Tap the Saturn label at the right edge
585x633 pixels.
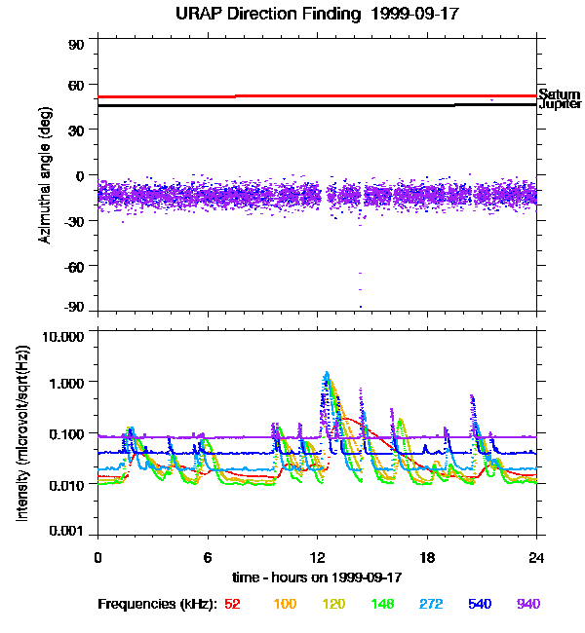tap(559, 94)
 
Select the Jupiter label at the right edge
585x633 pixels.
tap(560, 104)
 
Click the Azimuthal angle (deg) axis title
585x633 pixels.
tap(45, 175)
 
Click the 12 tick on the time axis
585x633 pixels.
tap(317, 557)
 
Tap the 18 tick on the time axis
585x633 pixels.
tap(427, 557)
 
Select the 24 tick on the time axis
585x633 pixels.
tap(536, 557)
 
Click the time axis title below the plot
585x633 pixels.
tap(318, 577)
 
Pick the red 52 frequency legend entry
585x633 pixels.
tap(232, 604)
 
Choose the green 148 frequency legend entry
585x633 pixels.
tap(382, 604)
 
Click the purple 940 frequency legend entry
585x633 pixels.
tap(528, 604)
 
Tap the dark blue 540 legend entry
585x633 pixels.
tap(480, 604)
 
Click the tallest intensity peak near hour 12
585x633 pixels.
tap(327, 373)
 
